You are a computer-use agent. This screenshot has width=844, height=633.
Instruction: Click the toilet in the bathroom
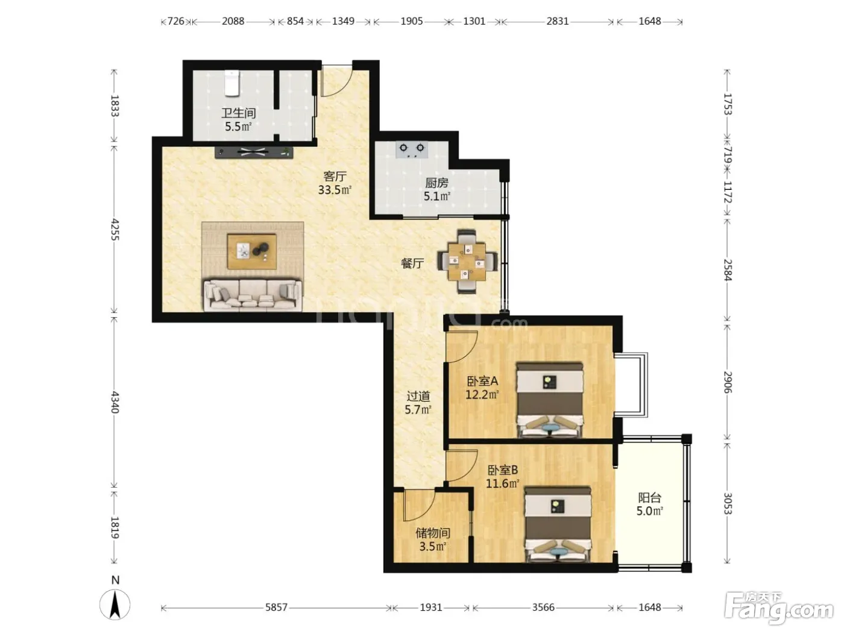[x=232, y=83]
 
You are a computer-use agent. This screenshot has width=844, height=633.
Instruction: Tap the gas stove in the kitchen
[x=411, y=150]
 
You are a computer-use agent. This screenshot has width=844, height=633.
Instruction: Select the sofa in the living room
[x=252, y=295]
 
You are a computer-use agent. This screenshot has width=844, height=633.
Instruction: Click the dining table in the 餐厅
[x=467, y=262]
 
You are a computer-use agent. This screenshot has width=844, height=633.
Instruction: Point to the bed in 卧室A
[x=549, y=400]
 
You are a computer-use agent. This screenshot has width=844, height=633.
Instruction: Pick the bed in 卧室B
[x=558, y=524]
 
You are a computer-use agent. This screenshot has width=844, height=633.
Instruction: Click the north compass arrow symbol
[x=115, y=605]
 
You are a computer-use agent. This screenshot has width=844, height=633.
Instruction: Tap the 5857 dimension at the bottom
[x=276, y=607]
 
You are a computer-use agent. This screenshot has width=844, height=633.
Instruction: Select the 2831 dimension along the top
[x=557, y=21]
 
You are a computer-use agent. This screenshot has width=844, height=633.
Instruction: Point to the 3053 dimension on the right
[x=728, y=503]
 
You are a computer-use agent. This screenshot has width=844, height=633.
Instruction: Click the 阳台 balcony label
[x=649, y=498]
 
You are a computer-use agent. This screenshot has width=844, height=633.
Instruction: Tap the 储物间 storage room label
[x=433, y=533]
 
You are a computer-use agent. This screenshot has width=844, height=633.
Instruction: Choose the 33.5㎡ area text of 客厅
[x=335, y=190]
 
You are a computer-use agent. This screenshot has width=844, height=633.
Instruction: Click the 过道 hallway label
[x=418, y=396]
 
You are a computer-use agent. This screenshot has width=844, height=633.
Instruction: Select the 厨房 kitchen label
[x=437, y=183]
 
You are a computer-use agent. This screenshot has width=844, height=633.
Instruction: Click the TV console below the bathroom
[x=254, y=152]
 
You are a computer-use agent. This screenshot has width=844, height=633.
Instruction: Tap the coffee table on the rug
[x=252, y=251]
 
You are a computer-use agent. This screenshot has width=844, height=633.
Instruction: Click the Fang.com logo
[x=779, y=609]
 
